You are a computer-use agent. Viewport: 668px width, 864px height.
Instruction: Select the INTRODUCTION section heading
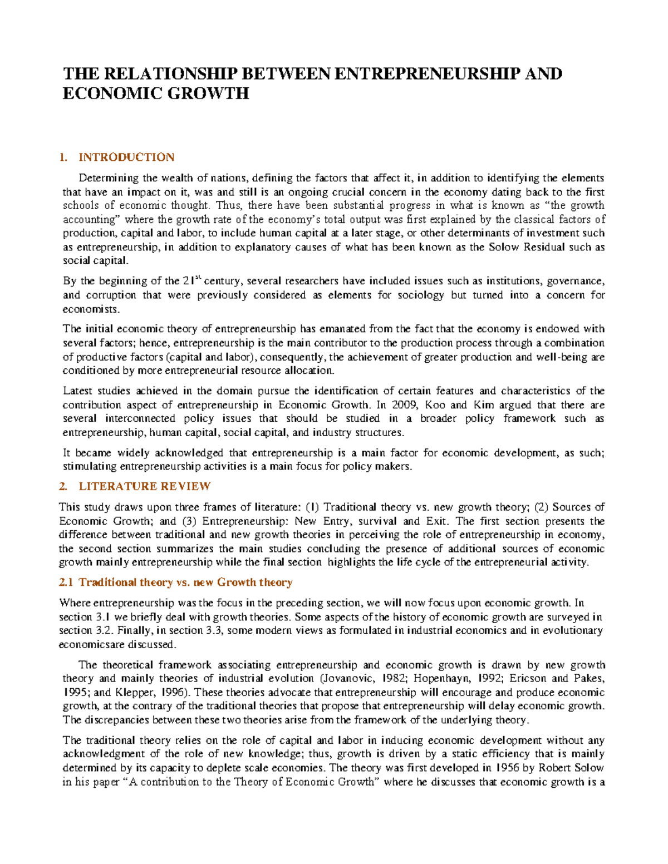[x=126, y=157]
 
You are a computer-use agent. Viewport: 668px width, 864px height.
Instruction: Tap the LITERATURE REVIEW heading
[x=144, y=487]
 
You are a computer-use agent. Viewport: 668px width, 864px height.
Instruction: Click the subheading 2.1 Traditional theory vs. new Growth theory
[x=176, y=582]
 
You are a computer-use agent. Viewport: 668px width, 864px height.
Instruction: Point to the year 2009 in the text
[x=404, y=405]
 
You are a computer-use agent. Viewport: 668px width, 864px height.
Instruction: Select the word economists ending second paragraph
[x=90, y=309]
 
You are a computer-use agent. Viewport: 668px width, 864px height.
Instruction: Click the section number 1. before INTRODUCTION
[x=63, y=157]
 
